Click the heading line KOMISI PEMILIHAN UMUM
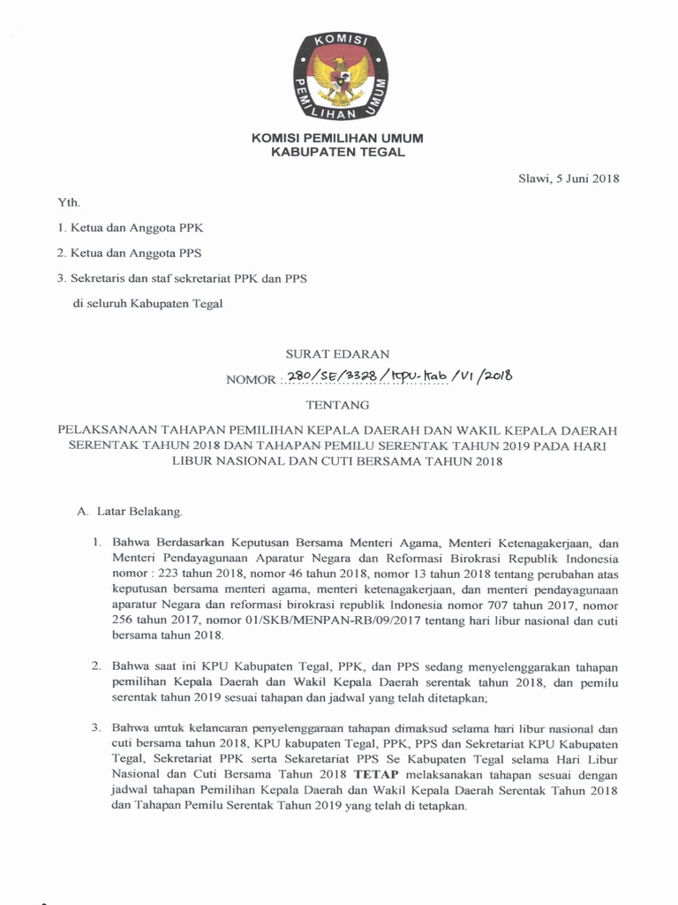[338, 139]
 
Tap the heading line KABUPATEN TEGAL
[338, 152]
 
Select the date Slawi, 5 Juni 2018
[569, 179]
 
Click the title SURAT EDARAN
[338, 354]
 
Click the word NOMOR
[252, 380]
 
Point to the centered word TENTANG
[338, 406]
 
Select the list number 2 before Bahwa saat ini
[97, 665]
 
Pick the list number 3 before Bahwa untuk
[97, 728]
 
